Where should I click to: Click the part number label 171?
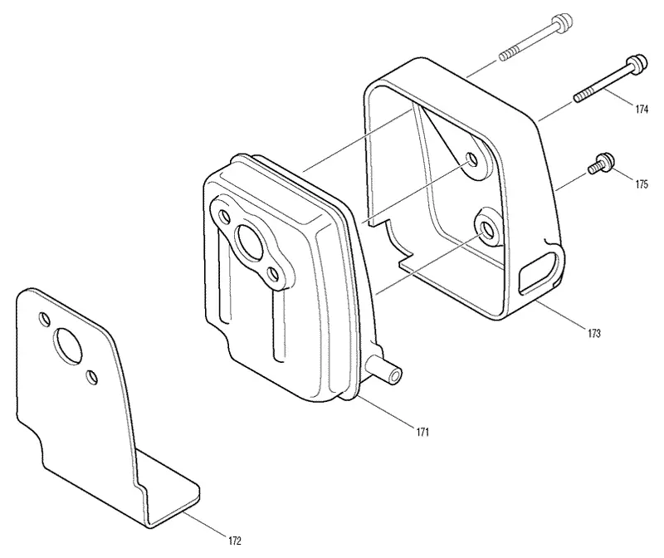422,432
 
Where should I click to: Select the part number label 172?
235,541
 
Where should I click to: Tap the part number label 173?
594,334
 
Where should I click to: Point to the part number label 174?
642,110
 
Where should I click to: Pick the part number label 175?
642,184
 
